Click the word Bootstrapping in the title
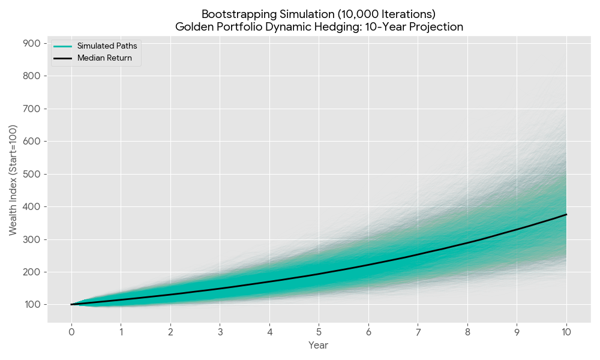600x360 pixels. pyautogui.click(x=232, y=14)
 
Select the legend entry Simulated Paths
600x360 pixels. pyautogui.click(x=107, y=46)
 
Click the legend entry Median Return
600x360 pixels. pyautogui.click(x=104, y=58)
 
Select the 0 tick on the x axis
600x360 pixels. pyautogui.click(x=71, y=331)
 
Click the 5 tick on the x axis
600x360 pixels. pyautogui.click(x=319, y=331)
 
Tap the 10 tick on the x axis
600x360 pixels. pyautogui.click(x=566, y=331)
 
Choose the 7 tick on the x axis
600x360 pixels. pyautogui.click(x=418, y=331)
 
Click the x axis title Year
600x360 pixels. pyautogui.click(x=318, y=345)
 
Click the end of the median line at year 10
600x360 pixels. pyautogui.click(x=566, y=214)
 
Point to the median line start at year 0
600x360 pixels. pyautogui.click(x=71, y=304)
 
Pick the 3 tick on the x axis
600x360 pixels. pyautogui.click(x=220, y=331)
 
